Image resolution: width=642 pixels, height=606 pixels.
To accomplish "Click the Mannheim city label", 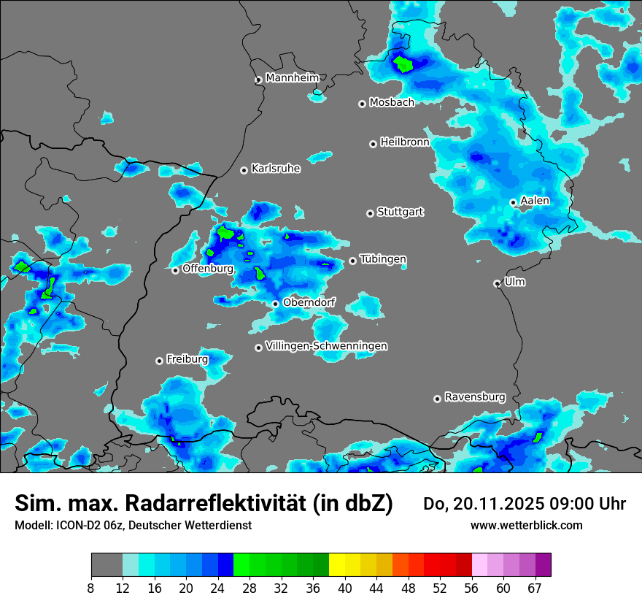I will pos(292,77).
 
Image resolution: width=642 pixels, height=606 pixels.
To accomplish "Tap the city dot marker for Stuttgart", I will pos(371,213).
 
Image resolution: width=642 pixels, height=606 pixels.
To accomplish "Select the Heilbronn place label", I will pos(405,142).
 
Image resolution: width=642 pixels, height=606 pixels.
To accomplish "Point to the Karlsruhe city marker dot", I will pos(244,171).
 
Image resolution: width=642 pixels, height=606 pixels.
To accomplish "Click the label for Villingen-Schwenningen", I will pos(326,346).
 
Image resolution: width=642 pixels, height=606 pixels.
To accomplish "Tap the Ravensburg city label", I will pos(475,397).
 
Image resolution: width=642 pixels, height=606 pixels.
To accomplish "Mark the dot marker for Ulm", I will pos(497,283).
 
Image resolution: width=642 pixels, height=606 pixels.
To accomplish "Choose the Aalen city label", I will pos(535,201).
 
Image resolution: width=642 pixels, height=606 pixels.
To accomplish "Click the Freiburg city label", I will pos(187,359).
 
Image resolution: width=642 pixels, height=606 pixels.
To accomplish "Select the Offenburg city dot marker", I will pos(176,271).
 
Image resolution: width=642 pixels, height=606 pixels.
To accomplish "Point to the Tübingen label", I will pos(383,259).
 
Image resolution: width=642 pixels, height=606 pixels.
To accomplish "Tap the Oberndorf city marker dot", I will pos(275,304).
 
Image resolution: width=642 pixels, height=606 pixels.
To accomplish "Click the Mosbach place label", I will pos(392,103).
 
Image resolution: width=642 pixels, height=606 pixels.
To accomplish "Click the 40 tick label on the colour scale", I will pos(344,588).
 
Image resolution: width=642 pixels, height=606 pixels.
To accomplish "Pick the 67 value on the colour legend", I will pos(535,588).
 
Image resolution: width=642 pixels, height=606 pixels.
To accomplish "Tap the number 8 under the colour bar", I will pos(90,588).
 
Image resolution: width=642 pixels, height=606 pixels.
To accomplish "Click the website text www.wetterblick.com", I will pos(526,525).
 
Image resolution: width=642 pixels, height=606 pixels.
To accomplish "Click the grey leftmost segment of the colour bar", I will pos(107,565).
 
